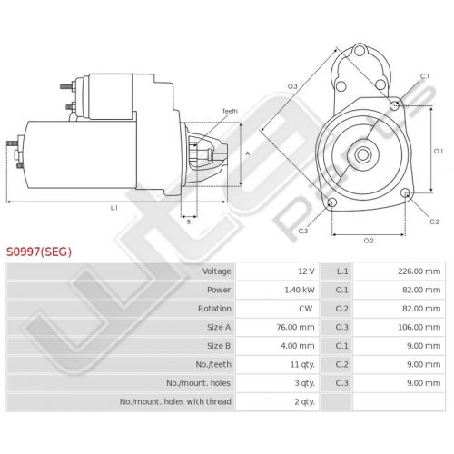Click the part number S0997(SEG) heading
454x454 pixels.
click(x=39, y=252)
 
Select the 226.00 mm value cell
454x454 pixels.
click(x=419, y=271)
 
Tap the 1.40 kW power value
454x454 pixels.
click(x=300, y=290)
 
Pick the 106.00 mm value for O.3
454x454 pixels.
click(x=419, y=327)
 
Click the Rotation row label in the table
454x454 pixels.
click(x=214, y=309)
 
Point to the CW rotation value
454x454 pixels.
click(x=305, y=309)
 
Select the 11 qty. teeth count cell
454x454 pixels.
click(x=302, y=364)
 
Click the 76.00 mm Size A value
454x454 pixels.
click(x=295, y=327)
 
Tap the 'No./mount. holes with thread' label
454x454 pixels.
click(x=175, y=401)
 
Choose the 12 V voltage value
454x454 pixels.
click(x=306, y=271)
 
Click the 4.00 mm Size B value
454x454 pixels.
click(x=298, y=346)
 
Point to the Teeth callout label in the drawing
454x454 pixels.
click(x=230, y=111)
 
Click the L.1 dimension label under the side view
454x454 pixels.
click(x=113, y=208)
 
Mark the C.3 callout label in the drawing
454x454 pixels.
click(x=303, y=231)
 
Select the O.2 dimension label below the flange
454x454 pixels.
click(x=369, y=241)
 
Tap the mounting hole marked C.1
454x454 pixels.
click(x=394, y=105)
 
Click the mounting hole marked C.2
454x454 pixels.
click(x=405, y=192)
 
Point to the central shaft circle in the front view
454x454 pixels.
click(x=362, y=154)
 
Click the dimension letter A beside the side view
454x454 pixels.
click(x=248, y=153)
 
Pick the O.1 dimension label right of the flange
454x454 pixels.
click(x=439, y=151)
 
